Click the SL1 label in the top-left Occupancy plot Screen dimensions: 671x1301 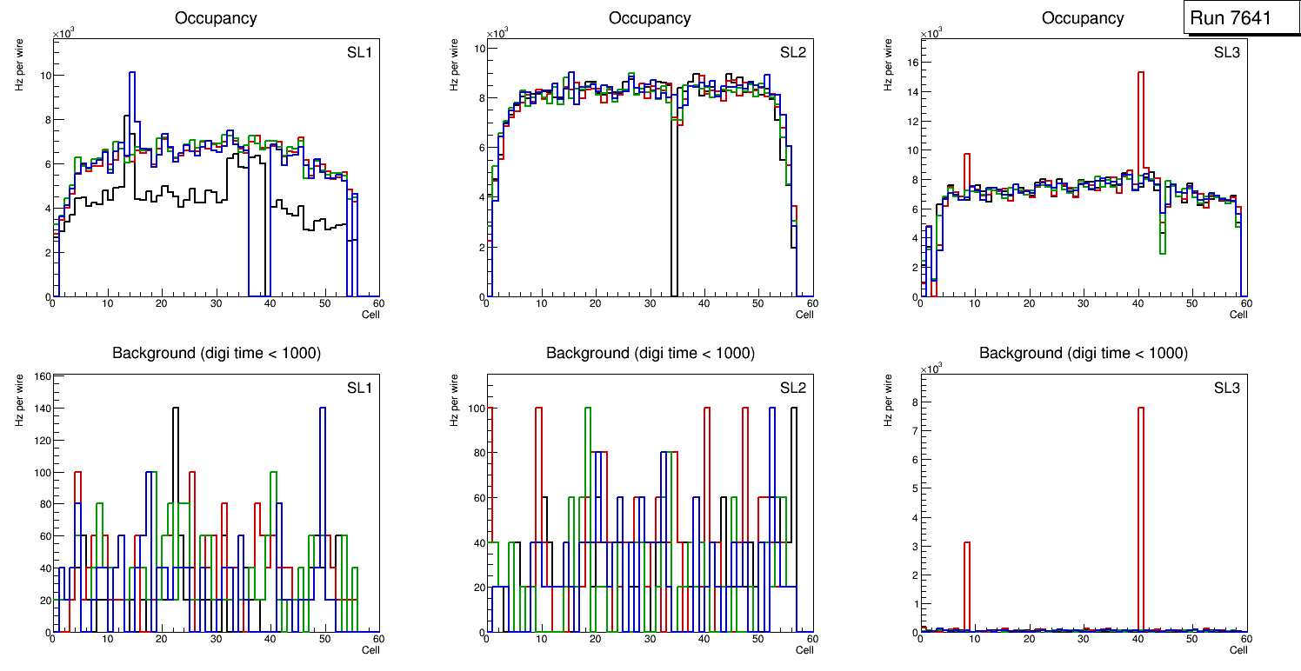[358, 52]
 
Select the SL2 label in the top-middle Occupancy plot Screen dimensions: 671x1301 [792, 52]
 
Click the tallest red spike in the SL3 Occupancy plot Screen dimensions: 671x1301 [1140, 73]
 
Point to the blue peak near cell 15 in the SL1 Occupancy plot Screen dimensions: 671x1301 [132, 73]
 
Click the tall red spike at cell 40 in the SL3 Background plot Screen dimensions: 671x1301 [1140, 409]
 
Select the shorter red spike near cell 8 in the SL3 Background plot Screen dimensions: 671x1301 [967, 544]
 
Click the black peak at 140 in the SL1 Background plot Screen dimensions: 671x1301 [176, 409]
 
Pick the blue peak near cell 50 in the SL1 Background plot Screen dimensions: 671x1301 [322, 409]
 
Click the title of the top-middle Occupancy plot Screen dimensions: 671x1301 [650, 18]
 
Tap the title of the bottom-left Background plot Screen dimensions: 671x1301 [216, 353]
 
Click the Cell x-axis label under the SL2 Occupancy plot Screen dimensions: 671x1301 [804, 314]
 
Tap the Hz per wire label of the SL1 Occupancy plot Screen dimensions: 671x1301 [19, 65]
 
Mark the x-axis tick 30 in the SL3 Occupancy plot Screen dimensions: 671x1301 [1083, 303]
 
